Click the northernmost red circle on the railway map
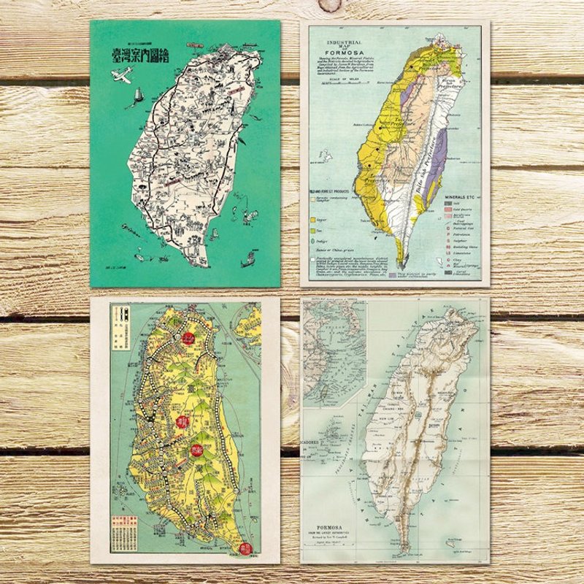188,338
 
